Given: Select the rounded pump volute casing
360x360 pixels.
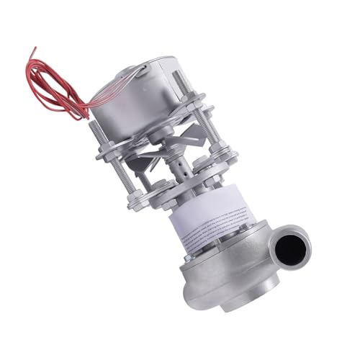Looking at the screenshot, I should [x=216, y=288].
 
